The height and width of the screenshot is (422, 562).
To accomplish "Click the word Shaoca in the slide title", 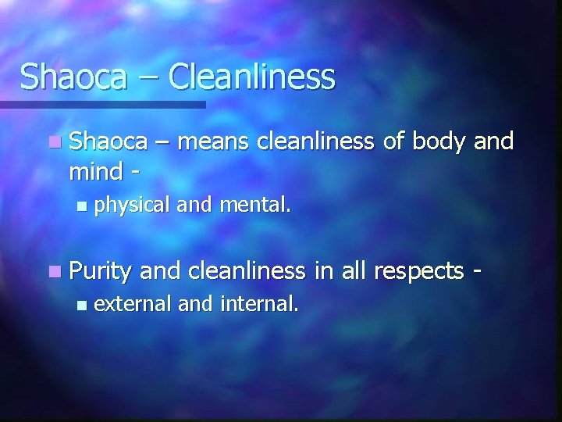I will pos(69,77).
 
